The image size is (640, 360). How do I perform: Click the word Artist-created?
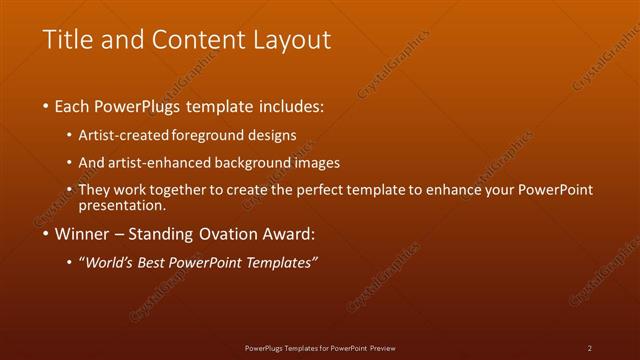click(132, 135)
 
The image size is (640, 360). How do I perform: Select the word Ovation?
click(236, 235)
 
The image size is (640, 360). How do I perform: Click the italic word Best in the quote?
click(169, 262)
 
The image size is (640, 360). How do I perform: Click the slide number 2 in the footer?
click(590, 347)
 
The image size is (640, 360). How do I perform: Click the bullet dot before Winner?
click(46, 236)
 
